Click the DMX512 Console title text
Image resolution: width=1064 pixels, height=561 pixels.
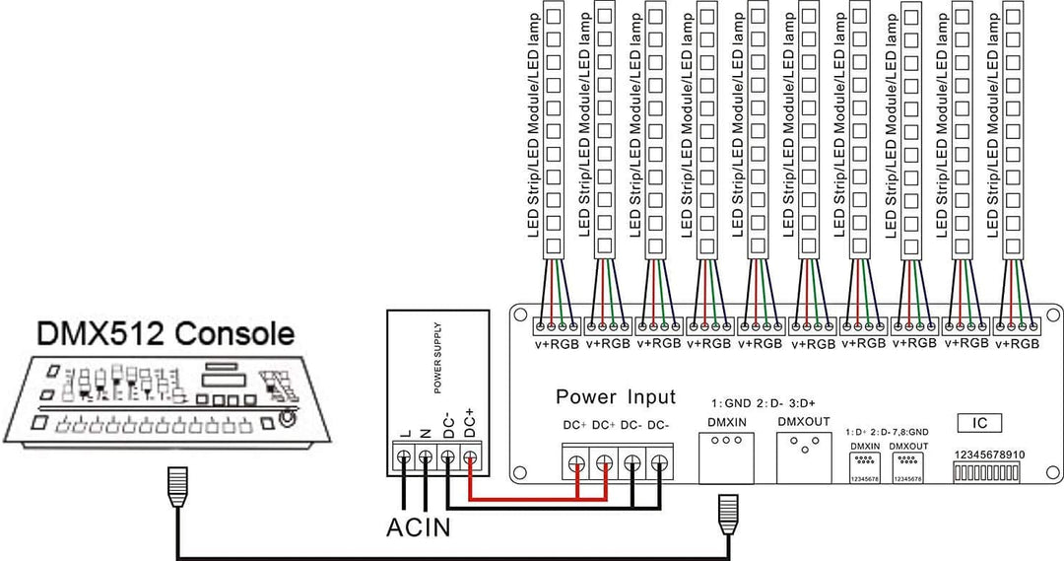[166, 333]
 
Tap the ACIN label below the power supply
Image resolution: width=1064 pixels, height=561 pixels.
[418, 526]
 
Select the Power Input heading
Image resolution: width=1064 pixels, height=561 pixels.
[616, 397]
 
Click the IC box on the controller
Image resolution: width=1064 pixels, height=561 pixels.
[979, 423]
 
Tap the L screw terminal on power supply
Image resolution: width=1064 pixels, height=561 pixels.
[404, 456]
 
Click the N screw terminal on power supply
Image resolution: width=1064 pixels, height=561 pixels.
[426, 456]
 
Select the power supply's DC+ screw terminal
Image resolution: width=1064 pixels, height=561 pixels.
[470, 456]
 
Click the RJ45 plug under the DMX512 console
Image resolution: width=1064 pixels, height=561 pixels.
[177, 487]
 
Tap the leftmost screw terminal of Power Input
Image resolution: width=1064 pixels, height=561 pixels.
[575, 463]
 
